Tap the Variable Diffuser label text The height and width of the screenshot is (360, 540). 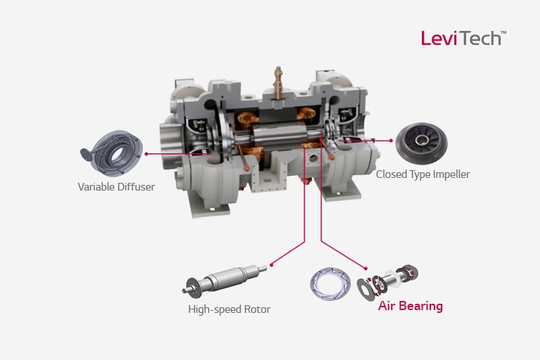tap(115, 187)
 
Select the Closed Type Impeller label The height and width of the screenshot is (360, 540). tap(423, 174)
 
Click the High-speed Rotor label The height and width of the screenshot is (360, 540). tap(229, 309)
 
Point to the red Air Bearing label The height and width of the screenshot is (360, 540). tap(411, 306)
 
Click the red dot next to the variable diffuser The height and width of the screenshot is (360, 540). tap(146, 152)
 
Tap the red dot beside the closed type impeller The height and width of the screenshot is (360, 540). tap(390, 140)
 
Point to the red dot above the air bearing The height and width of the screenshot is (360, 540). tap(366, 267)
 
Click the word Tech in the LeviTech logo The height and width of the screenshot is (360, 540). tap(480, 38)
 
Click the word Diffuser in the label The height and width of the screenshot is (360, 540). tap(135, 187)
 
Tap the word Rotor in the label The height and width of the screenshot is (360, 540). tap(255, 309)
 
